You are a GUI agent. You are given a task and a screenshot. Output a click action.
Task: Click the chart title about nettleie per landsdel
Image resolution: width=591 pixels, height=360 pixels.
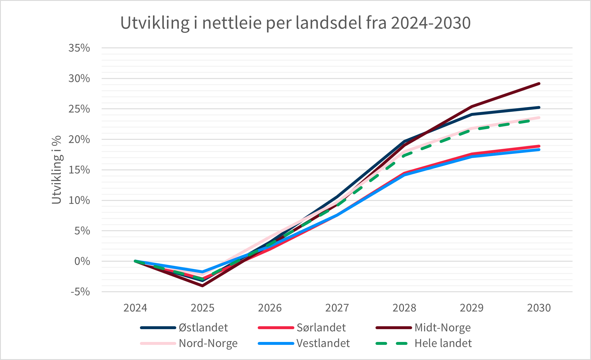(x=295, y=23)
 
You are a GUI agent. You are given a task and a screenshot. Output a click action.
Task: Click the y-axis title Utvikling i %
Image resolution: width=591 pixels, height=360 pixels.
(x=56, y=170)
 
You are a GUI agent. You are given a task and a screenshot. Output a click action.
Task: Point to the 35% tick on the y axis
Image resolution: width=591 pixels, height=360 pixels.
(x=79, y=48)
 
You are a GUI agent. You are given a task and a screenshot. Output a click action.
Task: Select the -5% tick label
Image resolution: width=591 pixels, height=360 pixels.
(x=80, y=292)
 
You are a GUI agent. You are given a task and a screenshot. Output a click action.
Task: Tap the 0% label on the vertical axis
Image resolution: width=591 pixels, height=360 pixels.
(x=82, y=261)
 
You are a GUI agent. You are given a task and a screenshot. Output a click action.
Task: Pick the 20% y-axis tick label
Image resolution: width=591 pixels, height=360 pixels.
(x=79, y=139)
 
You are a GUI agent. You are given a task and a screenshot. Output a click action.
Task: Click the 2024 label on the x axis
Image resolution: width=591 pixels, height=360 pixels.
(x=135, y=308)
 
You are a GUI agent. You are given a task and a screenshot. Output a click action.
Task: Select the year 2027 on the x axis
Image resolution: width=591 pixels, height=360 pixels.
(x=337, y=308)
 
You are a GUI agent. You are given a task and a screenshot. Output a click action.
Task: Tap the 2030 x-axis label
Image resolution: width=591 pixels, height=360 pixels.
(x=539, y=308)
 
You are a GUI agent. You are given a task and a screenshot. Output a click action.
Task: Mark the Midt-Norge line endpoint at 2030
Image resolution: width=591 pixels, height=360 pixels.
(x=539, y=84)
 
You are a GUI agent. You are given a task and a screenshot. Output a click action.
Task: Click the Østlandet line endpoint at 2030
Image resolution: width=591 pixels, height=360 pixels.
(x=539, y=108)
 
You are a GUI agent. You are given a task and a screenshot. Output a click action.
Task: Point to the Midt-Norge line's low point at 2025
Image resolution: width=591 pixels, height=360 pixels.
(x=202, y=285)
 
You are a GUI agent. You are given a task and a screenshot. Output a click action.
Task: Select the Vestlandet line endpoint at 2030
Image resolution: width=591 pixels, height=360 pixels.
(x=539, y=150)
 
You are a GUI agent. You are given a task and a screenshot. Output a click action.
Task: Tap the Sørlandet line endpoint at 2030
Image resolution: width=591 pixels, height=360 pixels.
(x=539, y=146)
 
